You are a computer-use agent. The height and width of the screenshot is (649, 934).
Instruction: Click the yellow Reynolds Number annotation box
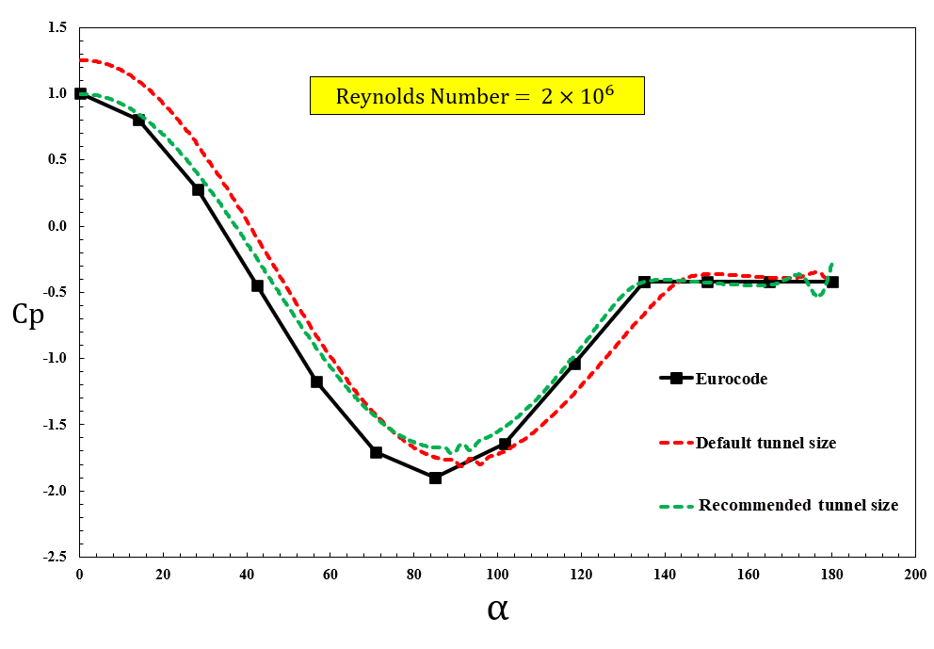(477, 96)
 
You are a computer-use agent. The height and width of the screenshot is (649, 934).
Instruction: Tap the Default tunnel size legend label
(765, 443)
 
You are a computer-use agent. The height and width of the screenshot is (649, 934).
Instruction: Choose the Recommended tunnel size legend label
(798, 505)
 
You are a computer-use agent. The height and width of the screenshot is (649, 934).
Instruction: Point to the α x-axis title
(498, 608)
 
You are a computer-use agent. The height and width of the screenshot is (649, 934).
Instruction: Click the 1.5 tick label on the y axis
(57, 27)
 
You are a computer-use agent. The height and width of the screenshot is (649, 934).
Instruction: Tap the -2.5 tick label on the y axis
(56, 557)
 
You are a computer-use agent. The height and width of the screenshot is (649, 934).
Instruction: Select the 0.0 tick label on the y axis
(57, 226)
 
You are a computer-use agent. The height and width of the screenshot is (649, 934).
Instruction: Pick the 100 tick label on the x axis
(498, 574)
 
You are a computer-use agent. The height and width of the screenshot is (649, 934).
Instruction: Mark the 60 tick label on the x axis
(330, 574)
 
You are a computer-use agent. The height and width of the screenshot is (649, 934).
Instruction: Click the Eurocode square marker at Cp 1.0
(81, 93)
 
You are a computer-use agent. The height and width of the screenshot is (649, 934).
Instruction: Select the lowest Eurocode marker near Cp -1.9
(435, 478)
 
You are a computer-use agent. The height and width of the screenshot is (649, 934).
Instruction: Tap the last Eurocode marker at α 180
(832, 282)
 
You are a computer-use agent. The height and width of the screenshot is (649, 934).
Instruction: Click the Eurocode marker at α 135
(644, 282)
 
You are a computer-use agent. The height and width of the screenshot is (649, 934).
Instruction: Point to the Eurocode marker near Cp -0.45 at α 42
(257, 285)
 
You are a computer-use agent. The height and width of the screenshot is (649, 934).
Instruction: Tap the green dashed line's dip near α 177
(818, 295)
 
